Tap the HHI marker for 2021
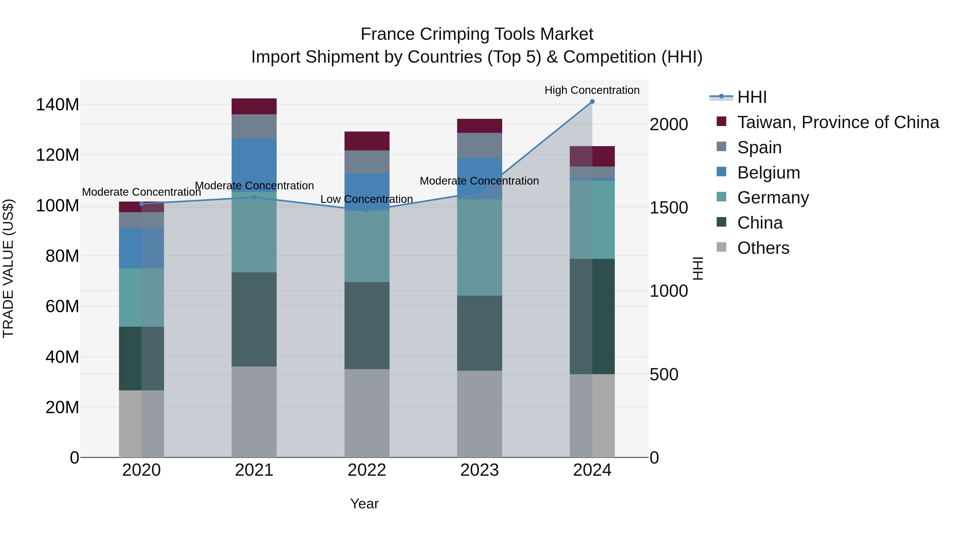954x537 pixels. click(x=254, y=197)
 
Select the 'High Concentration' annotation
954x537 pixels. click(x=591, y=90)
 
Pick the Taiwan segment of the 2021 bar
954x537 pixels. click(x=254, y=106)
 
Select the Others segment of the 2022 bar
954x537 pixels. click(x=367, y=413)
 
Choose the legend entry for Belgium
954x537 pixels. click(x=768, y=172)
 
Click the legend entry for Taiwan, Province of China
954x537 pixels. click(x=838, y=122)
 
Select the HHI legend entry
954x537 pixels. click(x=752, y=97)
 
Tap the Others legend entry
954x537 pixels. click(x=763, y=248)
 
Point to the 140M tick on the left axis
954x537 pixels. click(x=58, y=104)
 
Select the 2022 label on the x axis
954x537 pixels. click(x=367, y=470)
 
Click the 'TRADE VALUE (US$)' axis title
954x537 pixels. click(x=8, y=268)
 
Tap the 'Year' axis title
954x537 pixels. click(x=364, y=504)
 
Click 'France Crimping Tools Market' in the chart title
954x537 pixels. click(x=477, y=34)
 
